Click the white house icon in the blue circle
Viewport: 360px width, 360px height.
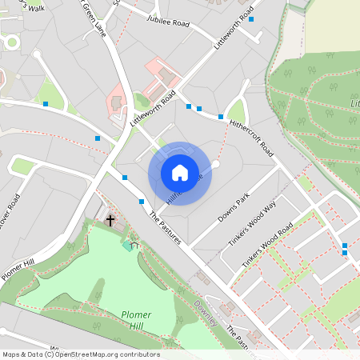pos(179,172)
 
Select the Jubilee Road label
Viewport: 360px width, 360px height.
pos(167,24)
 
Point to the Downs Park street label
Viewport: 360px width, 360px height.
pos(234,206)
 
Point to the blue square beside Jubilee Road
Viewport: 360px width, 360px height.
pos(251,18)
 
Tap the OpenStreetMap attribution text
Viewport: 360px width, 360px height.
pos(80,354)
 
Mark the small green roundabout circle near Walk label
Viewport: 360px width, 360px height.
pos(11,42)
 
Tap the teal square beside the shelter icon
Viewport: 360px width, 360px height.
pos(127,246)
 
